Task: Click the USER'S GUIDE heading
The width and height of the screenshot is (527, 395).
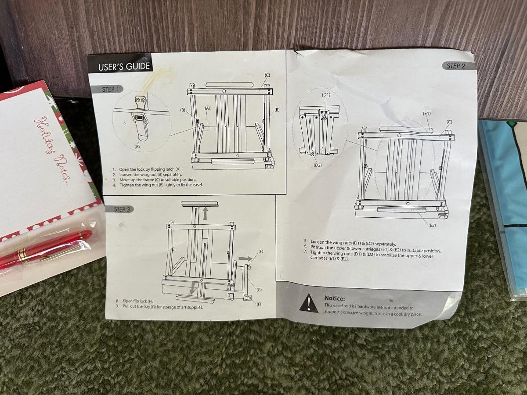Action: [124, 67]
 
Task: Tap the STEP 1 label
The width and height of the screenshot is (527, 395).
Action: [110, 90]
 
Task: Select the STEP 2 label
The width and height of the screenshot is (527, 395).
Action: [456, 66]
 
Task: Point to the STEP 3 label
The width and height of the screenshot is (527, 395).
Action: [122, 209]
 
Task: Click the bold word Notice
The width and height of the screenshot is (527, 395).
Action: [335, 298]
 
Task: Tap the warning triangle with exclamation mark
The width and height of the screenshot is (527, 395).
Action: [309, 303]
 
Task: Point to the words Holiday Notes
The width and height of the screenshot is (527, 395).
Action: [52, 151]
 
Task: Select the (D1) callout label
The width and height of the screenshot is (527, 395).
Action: [326, 95]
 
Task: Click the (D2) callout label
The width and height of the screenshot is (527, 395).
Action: [318, 165]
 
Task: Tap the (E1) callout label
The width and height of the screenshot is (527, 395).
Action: [426, 114]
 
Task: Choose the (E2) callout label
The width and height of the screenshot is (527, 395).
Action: [432, 225]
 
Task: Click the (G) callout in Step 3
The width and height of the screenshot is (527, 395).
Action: [259, 290]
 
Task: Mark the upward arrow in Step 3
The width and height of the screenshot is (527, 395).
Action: [205, 214]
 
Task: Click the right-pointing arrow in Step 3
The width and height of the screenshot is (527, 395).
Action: [245, 259]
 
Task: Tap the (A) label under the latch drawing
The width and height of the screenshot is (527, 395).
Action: [137, 147]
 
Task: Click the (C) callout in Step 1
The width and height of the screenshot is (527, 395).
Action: [267, 75]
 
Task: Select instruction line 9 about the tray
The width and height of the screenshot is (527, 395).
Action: [159, 307]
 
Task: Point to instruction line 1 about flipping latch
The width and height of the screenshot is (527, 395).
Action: [147, 169]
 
